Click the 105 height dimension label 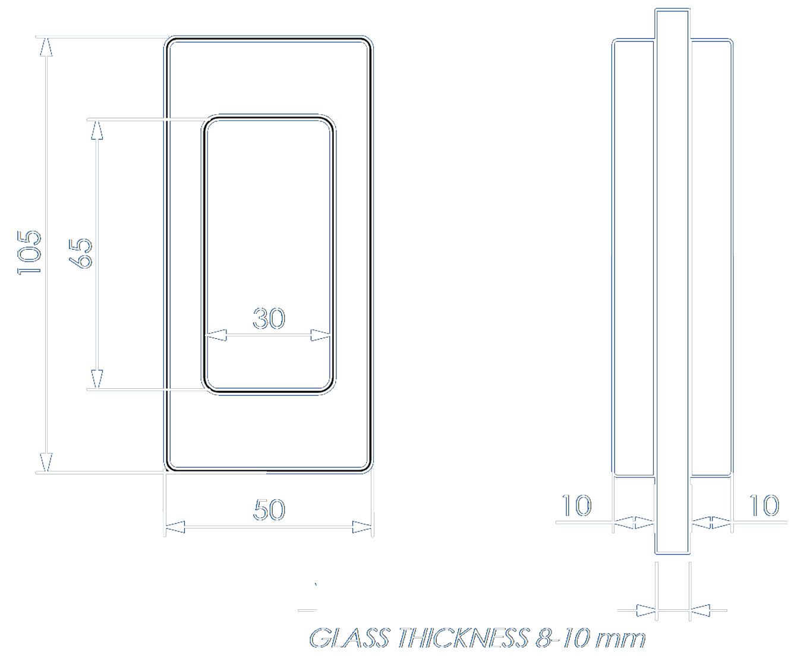click(29, 253)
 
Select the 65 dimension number click(80, 253)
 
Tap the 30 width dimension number click(269, 319)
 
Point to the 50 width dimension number click(269, 509)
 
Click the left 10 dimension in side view click(576, 505)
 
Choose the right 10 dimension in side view click(764, 505)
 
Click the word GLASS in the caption click(349, 638)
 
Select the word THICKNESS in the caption click(464, 638)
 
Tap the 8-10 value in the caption click(563, 638)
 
